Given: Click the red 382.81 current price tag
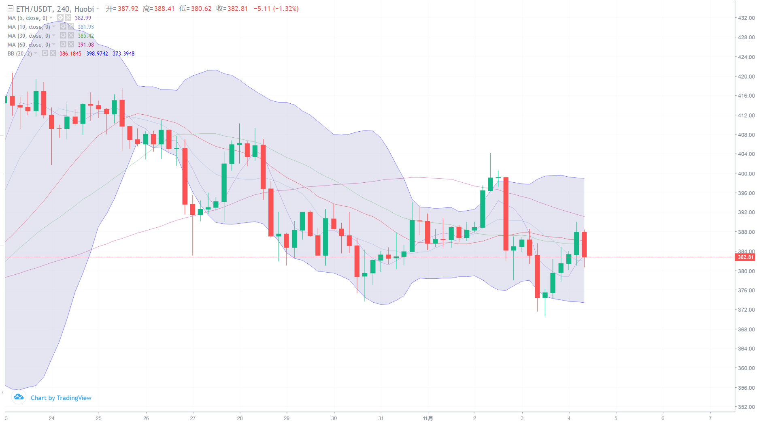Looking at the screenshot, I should [745, 257].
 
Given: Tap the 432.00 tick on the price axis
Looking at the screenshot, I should [746, 18].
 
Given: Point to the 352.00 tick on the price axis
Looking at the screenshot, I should [746, 407].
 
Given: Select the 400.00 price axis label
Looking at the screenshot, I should [746, 174].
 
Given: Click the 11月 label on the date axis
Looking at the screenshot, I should [427, 418].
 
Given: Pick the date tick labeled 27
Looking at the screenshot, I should [193, 418].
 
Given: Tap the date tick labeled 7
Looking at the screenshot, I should [710, 418].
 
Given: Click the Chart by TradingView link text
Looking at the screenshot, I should [61, 398].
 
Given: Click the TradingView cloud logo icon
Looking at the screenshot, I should [19, 397].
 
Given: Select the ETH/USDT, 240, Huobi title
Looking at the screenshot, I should [55, 9].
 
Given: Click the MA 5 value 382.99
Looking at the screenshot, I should [83, 18].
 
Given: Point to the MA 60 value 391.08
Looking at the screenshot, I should [86, 45].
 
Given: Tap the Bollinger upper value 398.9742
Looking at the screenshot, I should [97, 53].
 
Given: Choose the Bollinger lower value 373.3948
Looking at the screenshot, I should [123, 53].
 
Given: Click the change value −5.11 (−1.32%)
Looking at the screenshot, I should [276, 9].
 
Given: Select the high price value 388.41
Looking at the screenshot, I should [164, 9].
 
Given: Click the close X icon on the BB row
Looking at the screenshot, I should [53, 53].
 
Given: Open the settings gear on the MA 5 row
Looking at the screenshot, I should [60, 18].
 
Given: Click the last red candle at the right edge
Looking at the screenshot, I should [584, 244].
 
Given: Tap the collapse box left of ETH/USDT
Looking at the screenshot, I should [11, 9].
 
